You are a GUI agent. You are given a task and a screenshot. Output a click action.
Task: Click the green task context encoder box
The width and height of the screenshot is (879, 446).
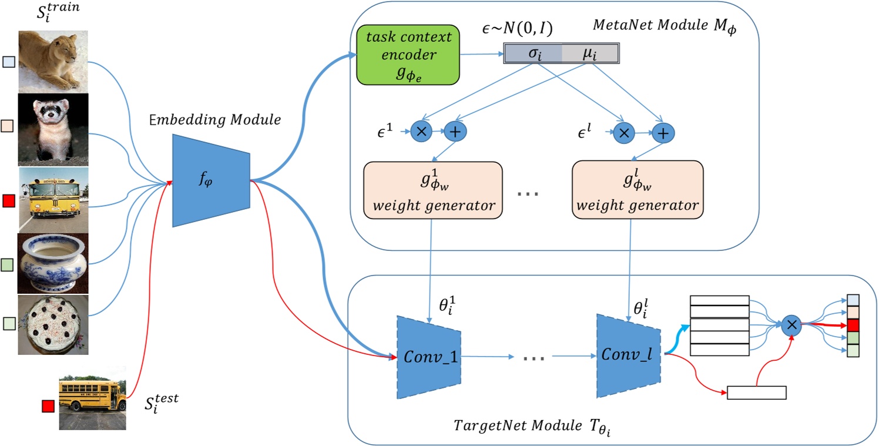click(409, 55)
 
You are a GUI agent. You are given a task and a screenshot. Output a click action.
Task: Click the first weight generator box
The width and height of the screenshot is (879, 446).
click(433, 189)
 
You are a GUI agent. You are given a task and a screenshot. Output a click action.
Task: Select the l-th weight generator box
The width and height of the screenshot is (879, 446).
click(638, 189)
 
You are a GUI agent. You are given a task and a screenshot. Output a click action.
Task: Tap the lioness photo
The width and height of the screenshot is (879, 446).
click(53, 61)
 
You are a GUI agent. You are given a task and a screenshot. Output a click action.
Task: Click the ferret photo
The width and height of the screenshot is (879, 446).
click(53, 128)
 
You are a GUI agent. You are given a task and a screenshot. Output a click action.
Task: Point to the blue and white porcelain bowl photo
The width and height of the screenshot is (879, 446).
click(53, 263)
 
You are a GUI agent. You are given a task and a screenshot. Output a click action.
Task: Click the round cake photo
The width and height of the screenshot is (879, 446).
click(53, 324)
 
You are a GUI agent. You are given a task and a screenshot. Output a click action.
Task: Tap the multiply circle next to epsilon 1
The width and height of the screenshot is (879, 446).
click(421, 132)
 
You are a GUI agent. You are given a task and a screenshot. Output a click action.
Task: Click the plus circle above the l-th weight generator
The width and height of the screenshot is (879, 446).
click(662, 133)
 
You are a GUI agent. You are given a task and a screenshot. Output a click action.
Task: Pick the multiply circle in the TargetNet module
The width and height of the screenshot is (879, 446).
click(791, 324)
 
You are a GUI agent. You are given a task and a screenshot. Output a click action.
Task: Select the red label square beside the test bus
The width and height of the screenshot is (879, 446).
click(48, 406)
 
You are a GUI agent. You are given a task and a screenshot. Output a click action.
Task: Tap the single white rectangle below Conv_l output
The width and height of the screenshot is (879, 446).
click(756, 393)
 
